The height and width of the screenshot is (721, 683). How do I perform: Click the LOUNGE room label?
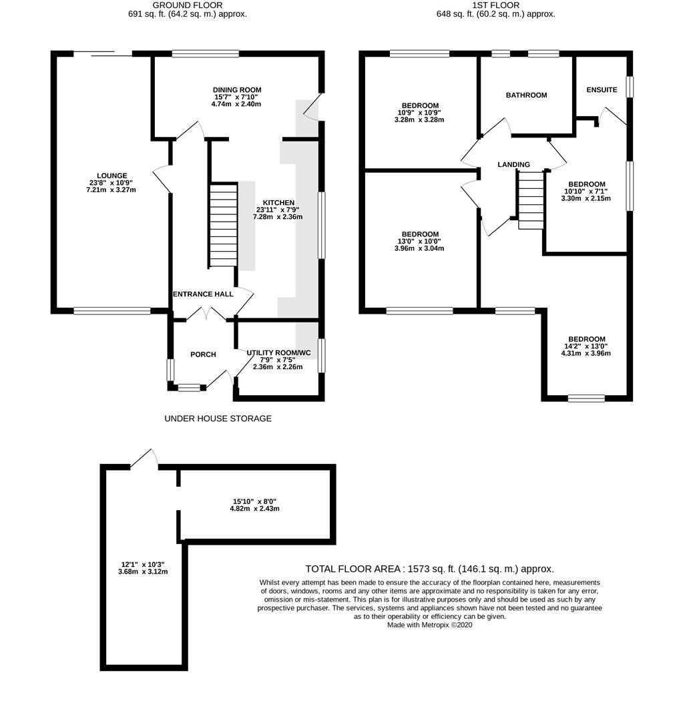point(111,176)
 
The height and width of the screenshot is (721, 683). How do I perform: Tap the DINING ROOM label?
point(237,90)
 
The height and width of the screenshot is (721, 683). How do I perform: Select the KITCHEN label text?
point(278,203)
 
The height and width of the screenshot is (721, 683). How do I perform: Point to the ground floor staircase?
point(223,225)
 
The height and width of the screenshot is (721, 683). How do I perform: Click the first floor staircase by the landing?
point(531,200)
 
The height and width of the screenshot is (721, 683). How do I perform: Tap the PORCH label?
point(203,354)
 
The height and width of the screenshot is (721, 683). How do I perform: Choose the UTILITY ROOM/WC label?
point(278,353)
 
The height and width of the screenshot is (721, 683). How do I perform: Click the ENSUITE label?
point(602,90)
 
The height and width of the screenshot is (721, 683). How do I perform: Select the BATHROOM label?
point(526,95)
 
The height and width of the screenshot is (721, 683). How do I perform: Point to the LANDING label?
point(513,165)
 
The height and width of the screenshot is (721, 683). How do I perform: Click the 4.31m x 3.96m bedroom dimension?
point(586,354)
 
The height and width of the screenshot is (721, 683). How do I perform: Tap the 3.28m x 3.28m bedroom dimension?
point(419,120)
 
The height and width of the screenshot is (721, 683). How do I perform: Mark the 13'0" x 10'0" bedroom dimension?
point(419,242)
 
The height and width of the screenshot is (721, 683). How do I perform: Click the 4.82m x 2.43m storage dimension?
point(254,509)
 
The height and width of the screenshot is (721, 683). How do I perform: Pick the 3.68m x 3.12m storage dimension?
point(143,571)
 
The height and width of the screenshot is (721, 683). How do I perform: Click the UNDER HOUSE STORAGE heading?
point(218,419)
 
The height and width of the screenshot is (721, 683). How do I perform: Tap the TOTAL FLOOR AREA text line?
point(429,569)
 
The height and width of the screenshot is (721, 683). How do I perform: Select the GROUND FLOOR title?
point(187,5)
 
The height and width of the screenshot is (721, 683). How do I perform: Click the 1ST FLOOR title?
point(496,5)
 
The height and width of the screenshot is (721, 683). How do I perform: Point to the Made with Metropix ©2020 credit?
point(429,625)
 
